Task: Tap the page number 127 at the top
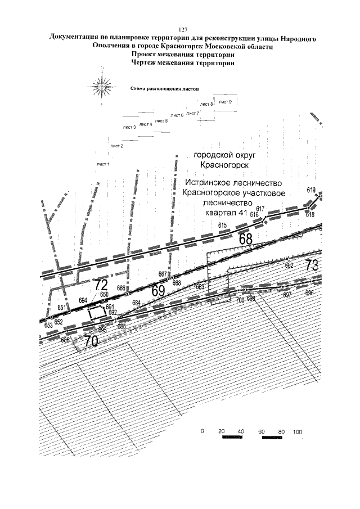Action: pos(182,29)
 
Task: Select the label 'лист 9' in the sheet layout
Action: pos(226,102)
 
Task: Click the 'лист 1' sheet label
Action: pos(103,164)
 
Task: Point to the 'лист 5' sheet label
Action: pos(161,121)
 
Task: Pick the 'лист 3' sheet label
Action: pos(129,128)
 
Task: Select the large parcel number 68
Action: pos(246,239)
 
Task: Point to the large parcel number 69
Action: pos(157,291)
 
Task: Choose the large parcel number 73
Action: pos(312,265)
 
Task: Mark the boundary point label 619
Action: pos(311,191)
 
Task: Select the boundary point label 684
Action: pos(136,303)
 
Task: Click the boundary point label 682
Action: pos(290,265)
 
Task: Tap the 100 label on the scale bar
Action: pos(298,432)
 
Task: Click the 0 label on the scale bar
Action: pos(201,432)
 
